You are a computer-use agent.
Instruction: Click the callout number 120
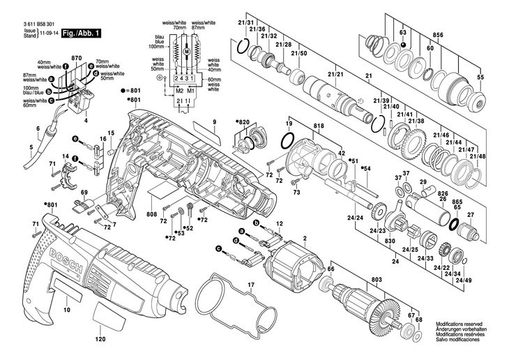click(x=100, y=340)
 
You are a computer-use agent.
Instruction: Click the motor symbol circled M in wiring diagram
click(x=187, y=52)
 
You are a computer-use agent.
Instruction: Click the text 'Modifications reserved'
click(x=461, y=324)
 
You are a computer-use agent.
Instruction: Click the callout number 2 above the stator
click(x=305, y=239)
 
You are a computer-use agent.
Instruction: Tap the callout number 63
click(x=403, y=33)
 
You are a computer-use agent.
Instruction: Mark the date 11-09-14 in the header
click(x=47, y=33)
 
